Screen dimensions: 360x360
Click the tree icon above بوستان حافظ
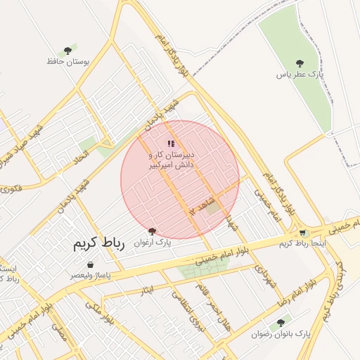(67, 51)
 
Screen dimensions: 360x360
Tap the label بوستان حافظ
(69, 62)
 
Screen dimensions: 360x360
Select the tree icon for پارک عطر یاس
(300, 63)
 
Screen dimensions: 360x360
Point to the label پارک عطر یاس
(297, 74)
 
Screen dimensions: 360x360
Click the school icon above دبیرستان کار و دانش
(170, 143)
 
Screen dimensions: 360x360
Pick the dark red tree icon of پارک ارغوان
(152, 231)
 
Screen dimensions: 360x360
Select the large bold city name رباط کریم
(98, 244)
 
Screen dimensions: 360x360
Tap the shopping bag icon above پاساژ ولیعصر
(90, 265)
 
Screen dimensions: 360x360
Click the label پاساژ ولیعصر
(89, 276)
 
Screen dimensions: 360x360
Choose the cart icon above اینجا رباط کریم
(302, 233)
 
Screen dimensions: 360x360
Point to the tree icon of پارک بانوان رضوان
(281, 323)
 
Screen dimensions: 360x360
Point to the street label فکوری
(11, 188)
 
